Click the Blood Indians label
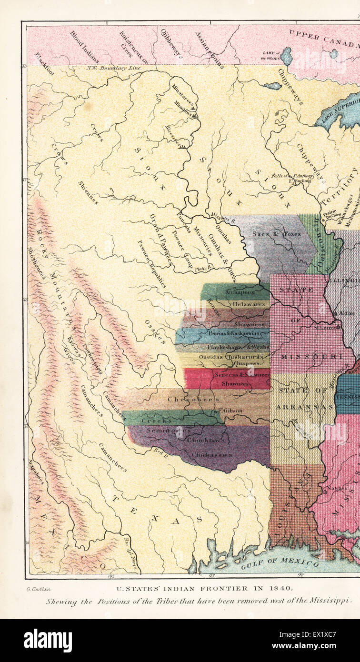[x=84, y=47]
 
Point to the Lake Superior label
[x=339, y=110]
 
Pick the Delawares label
[x=248, y=304]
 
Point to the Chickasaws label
[x=212, y=455]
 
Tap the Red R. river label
[x=160, y=450]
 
